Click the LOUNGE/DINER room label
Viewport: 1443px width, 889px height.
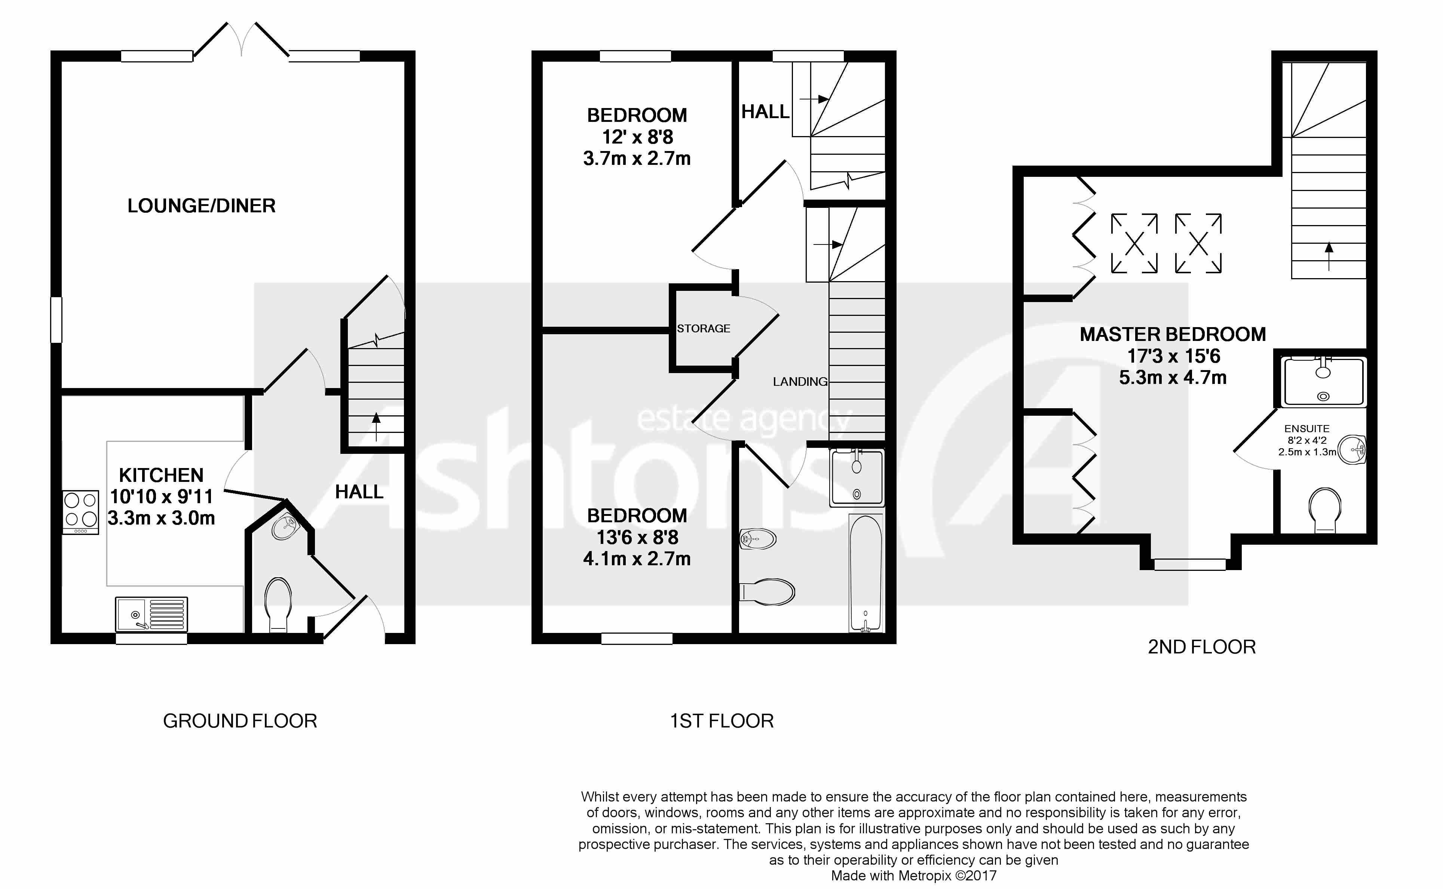pos(201,206)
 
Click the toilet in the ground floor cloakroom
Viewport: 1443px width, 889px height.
pos(278,603)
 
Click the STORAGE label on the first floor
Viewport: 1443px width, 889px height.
pos(703,329)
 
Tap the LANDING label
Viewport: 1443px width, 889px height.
pos(799,382)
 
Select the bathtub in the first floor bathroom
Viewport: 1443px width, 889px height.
pos(866,572)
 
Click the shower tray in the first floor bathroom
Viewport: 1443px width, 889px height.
pos(857,477)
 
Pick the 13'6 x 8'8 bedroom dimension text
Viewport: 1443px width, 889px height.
pos(637,537)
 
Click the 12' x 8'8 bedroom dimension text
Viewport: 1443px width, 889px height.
pos(637,137)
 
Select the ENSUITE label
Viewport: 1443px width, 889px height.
pos(1306,429)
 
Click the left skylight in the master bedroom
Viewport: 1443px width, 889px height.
pos(1134,243)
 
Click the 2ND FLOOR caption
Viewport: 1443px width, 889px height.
pos(1201,647)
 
